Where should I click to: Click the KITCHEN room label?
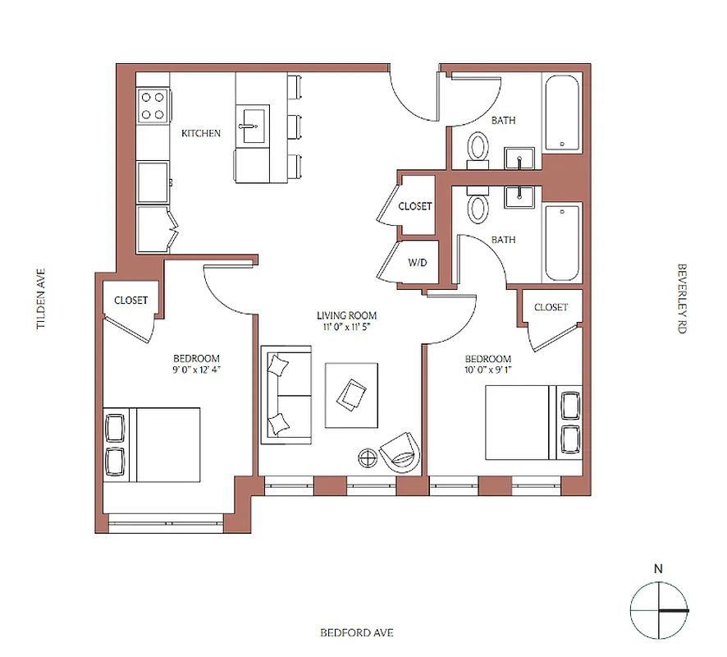(x=201, y=133)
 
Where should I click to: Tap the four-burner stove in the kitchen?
(x=153, y=105)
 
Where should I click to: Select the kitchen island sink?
(x=251, y=126)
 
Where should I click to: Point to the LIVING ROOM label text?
(x=346, y=315)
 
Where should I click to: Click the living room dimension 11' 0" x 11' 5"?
(x=346, y=327)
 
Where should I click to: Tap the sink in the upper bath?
(x=519, y=158)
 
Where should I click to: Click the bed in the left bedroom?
(x=153, y=444)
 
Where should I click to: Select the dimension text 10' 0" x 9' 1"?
(x=488, y=370)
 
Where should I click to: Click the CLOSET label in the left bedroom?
(x=131, y=301)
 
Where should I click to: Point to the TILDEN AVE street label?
(x=39, y=299)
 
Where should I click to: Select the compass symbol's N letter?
(x=658, y=567)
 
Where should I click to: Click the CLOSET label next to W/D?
(x=415, y=206)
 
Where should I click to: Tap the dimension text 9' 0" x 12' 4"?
(x=197, y=370)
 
